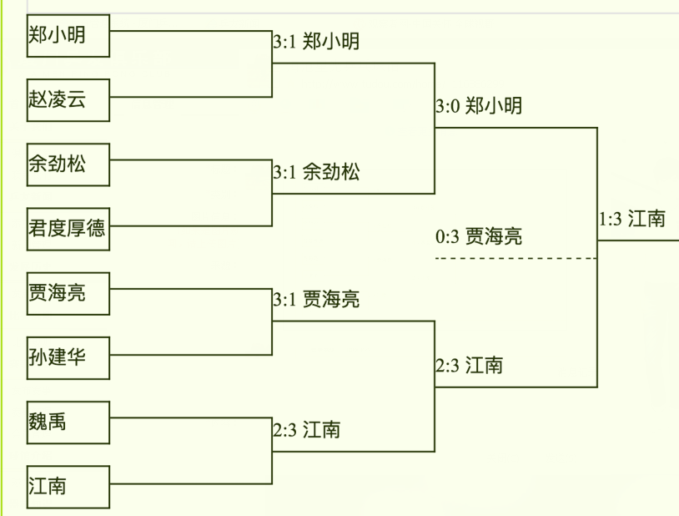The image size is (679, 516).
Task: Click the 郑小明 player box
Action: tap(68, 36)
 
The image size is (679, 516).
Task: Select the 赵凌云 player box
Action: tap(68, 99)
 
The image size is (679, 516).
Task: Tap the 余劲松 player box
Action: tap(68, 164)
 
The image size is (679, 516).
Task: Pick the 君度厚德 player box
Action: tap(68, 228)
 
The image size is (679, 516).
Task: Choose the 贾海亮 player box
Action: tap(68, 293)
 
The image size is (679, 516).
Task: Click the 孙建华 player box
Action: tap(68, 358)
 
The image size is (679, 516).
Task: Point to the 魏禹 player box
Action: tap(68, 422)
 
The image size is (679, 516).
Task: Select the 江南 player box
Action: tap(68, 486)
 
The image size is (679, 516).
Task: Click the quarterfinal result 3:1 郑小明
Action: tap(316, 41)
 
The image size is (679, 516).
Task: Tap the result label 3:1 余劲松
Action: tap(316, 172)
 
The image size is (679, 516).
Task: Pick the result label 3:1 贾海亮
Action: tap(316, 299)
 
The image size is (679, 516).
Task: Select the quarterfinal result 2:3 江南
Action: tap(306, 430)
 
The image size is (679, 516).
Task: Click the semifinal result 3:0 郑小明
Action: tap(479, 106)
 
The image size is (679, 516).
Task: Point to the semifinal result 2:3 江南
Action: tap(469, 365)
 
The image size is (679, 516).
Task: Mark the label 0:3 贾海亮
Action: tap(479, 236)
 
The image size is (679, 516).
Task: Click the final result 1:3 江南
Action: tap(631, 219)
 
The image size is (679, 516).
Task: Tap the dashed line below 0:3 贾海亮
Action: tap(516, 258)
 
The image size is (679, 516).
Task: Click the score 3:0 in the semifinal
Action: tap(447, 106)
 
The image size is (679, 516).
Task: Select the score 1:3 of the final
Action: tap(611, 219)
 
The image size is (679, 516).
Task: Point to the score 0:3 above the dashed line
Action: tap(447, 236)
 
